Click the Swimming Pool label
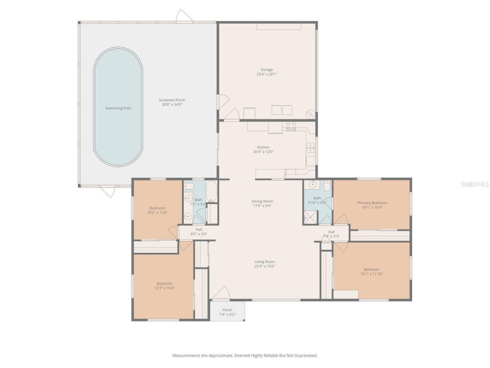pyautogui.click(x=118, y=108)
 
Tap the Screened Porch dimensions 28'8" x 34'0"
pyautogui.click(x=172, y=104)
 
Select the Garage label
pyautogui.click(x=267, y=70)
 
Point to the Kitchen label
pyautogui.click(x=263, y=147)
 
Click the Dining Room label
pyautogui.click(x=262, y=201)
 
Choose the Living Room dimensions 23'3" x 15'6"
pyautogui.click(x=265, y=266)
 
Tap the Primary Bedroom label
pyautogui.click(x=372, y=203)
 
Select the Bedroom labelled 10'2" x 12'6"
pyautogui.click(x=157, y=210)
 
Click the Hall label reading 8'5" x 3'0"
pyautogui.click(x=199, y=232)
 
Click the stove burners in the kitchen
pyautogui.click(x=291, y=126)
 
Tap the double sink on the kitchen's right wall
pyautogui.click(x=310, y=148)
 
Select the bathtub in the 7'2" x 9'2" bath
pyautogui.click(x=211, y=192)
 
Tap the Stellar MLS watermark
pyautogui.click(x=474, y=184)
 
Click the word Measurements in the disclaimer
pyautogui.click(x=186, y=356)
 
